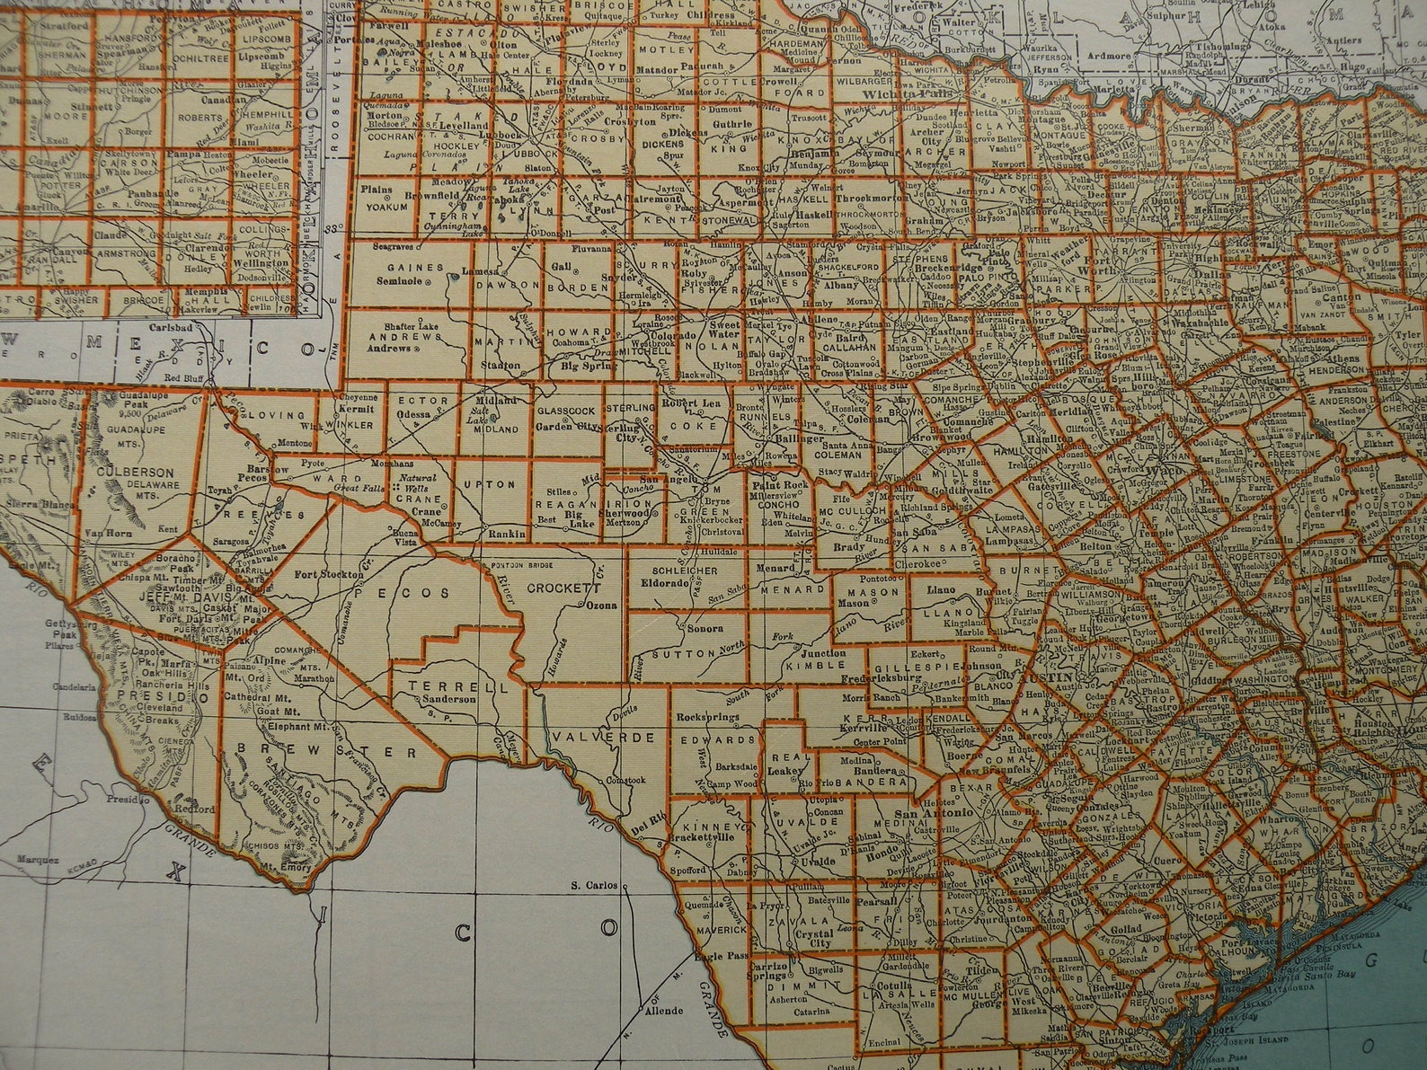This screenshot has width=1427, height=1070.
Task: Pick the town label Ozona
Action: [601, 606]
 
